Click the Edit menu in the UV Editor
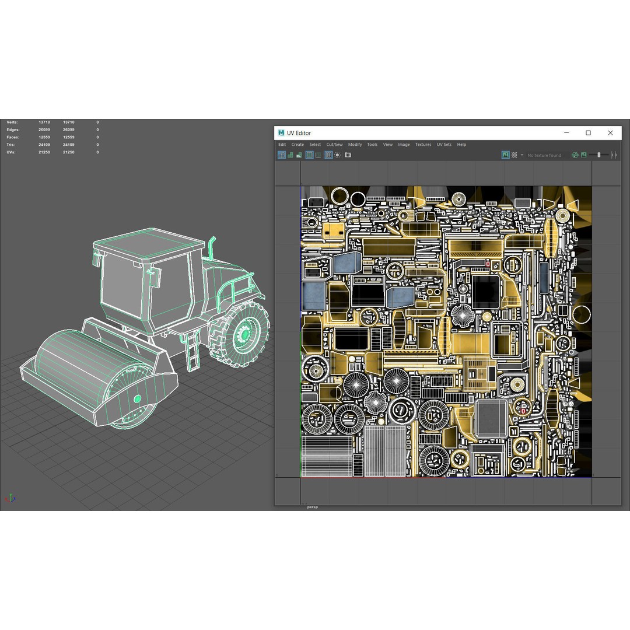coord(282,145)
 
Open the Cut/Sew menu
coord(334,145)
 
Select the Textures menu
coord(423,145)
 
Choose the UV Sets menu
coord(444,145)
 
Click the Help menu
coord(461,145)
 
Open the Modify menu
coord(355,145)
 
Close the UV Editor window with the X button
coord(610,133)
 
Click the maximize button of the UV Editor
coord(588,133)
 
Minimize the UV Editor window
coord(566,132)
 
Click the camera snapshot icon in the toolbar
coord(348,155)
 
